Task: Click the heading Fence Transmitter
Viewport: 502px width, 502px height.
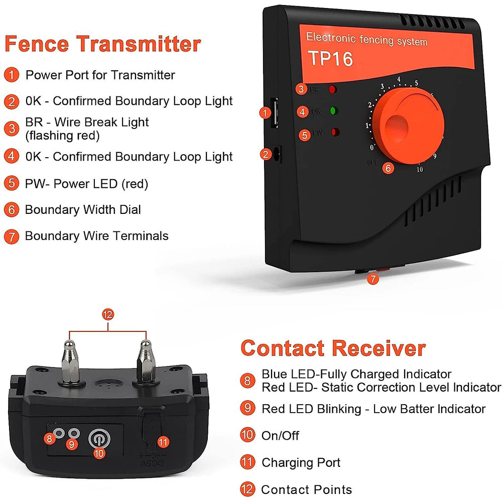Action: pyautogui.click(x=103, y=44)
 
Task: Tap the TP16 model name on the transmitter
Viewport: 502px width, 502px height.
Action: pyautogui.click(x=330, y=59)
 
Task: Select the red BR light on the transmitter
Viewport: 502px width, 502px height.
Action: pyautogui.click(x=332, y=90)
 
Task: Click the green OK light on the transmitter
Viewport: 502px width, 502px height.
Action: pyautogui.click(x=332, y=111)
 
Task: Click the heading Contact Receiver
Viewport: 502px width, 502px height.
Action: pyautogui.click(x=333, y=348)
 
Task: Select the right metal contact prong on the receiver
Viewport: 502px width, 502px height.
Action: pyautogui.click(x=145, y=361)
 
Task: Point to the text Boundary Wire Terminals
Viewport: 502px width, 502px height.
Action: pyautogui.click(x=96, y=236)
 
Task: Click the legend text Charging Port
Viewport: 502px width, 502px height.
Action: pyautogui.click(x=301, y=462)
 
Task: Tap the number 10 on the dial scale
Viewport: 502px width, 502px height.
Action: pyautogui.click(x=419, y=169)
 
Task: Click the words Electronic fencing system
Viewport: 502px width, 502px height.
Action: pyautogui.click(x=366, y=39)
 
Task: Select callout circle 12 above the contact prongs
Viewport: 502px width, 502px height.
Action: pyautogui.click(x=107, y=315)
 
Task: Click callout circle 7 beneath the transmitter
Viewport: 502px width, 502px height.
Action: pyautogui.click(x=372, y=280)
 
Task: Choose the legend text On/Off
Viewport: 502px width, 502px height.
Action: pyautogui.click(x=280, y=435)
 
